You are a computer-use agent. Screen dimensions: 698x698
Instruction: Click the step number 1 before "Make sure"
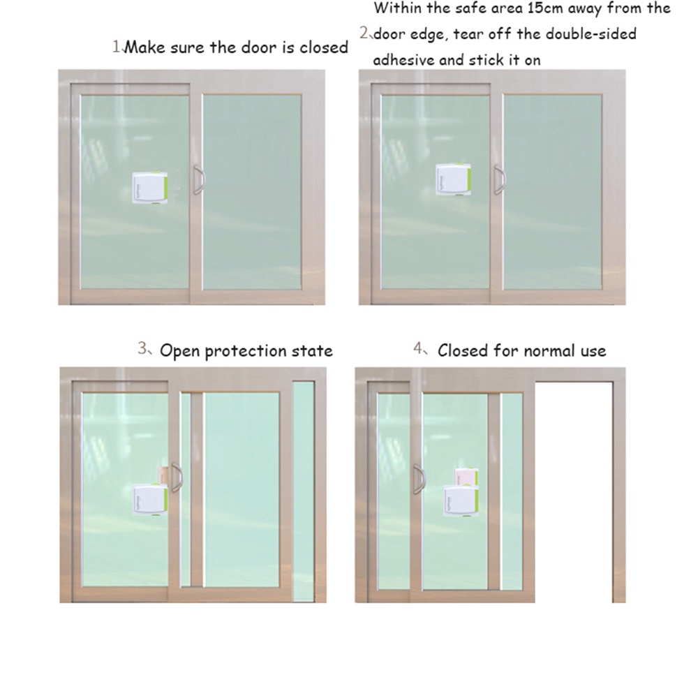[x=117, y=47]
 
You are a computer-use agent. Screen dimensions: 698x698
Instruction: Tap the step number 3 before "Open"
[x=142, y=349]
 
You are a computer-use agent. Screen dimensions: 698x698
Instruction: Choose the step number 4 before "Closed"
[x=417, y=349]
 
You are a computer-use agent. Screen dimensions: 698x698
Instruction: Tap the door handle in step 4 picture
[x=419, y=480]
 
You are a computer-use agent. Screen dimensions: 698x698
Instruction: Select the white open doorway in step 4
[x=574, y=489]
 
